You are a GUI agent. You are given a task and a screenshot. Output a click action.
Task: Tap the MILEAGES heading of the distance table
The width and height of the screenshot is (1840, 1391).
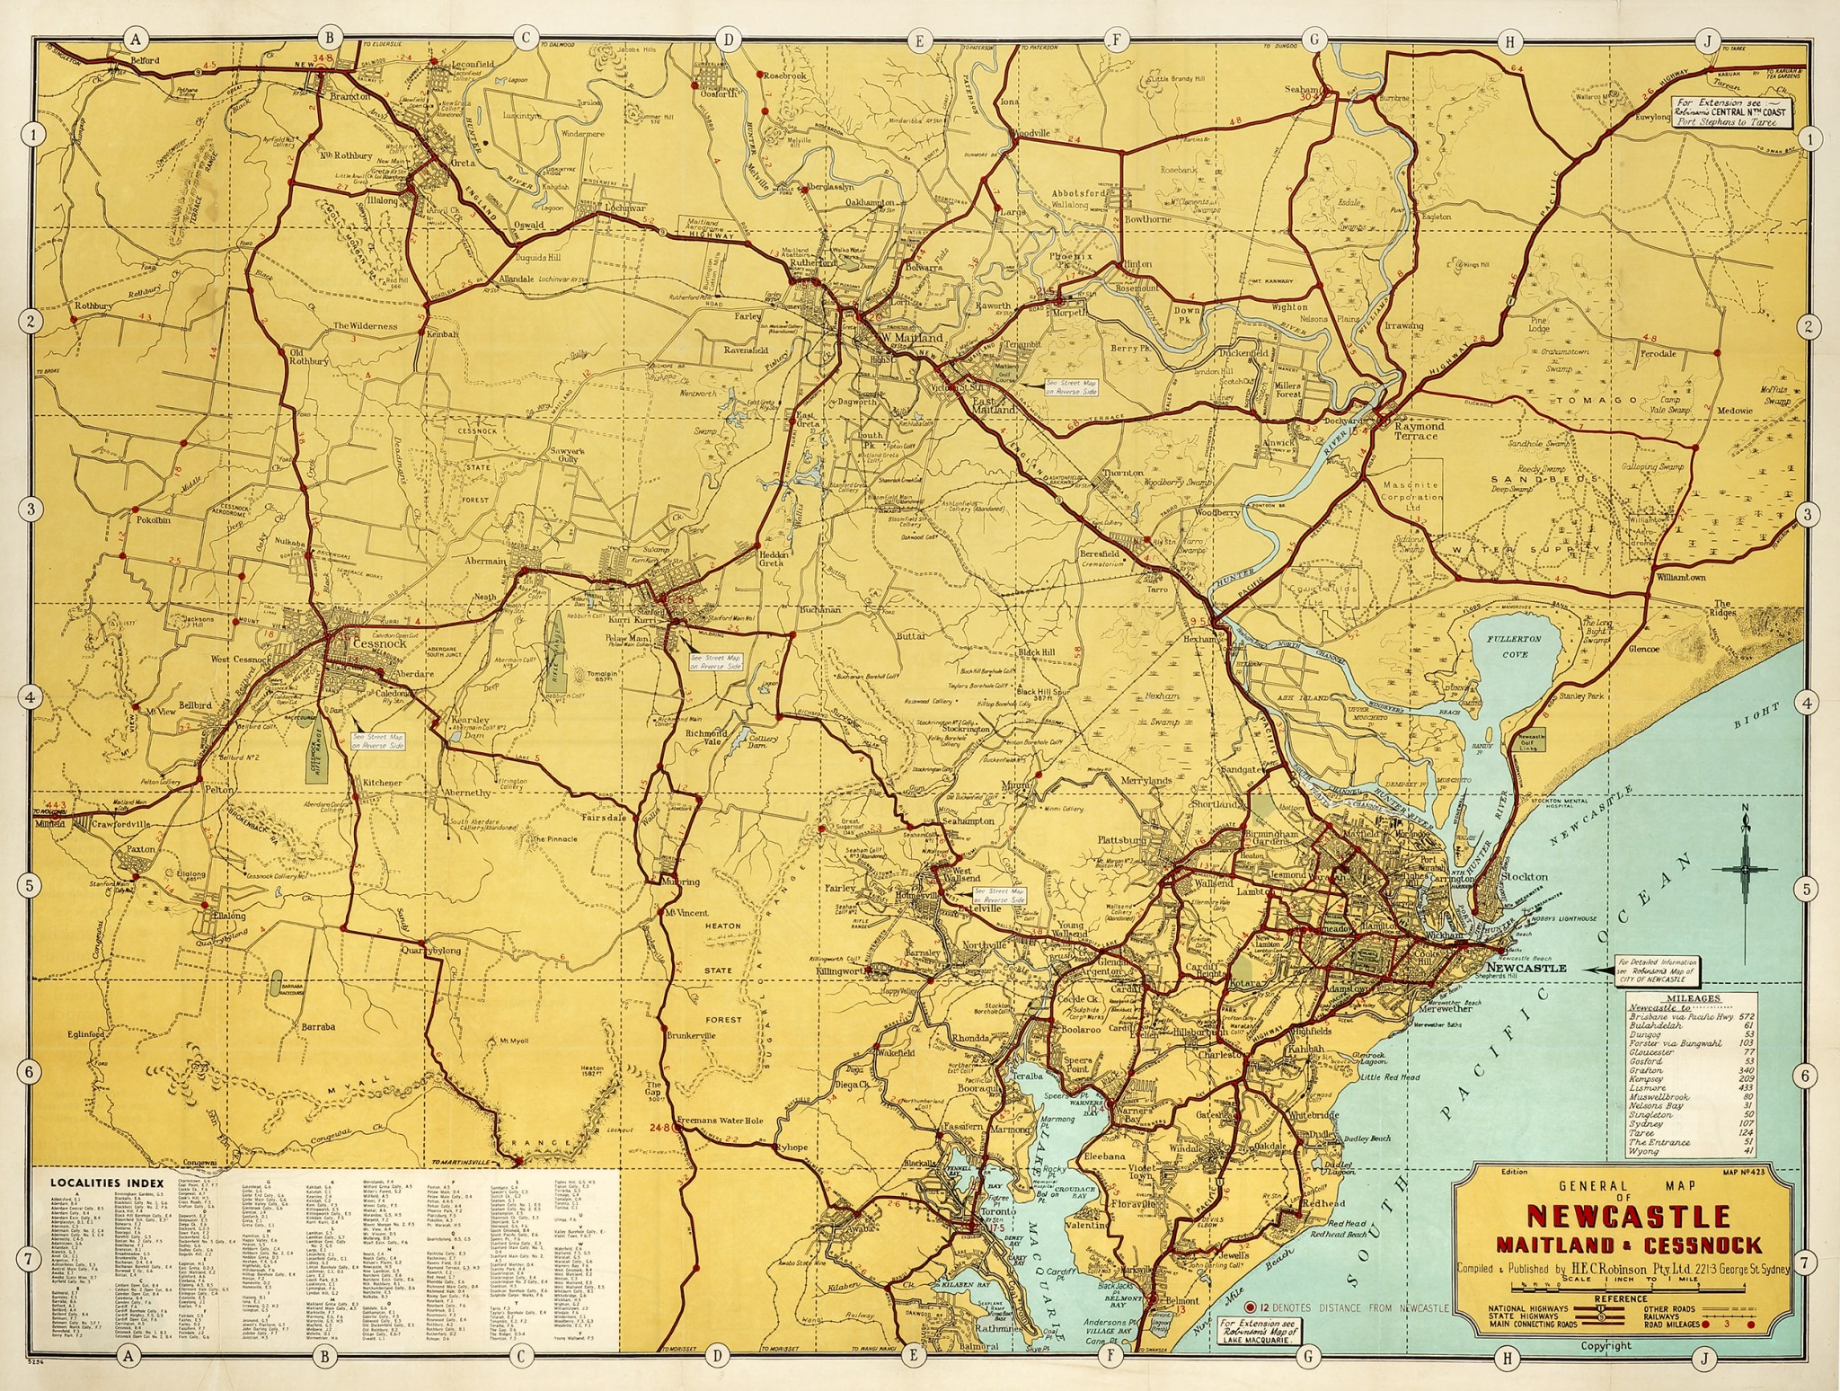click(1692, 997)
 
